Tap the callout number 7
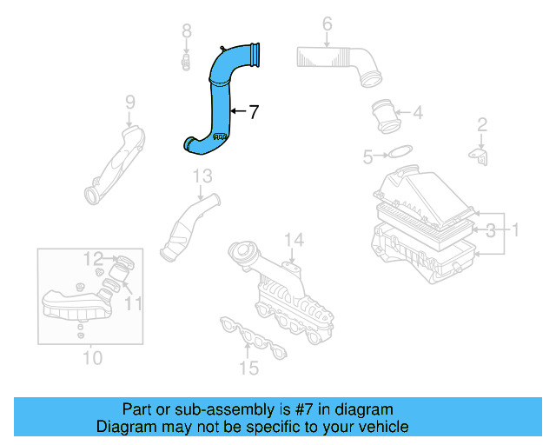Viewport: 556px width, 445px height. pyautogui.click(x=253, y=112)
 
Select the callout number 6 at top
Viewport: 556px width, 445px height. pyautogui.click(x=327, y=23)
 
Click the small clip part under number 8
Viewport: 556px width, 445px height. pyautogui.click(x=186, y=62)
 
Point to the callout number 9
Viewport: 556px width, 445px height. pyautogui.click(x=129, y=103)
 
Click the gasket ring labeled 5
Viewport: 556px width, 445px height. pyautogui.click(x=398, y=153)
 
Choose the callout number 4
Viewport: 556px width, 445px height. pyautogui.click(x=418, y=112)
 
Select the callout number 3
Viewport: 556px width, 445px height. pyautogui.click(x=491, y=230)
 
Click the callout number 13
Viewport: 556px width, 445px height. pyautogui.click(x=202, y=176)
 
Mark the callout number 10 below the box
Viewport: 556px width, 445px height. pyautogui.click(x=92, y=357)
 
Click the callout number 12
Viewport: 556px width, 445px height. pyautogui.click(x=93, y=257)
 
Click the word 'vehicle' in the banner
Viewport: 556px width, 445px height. pyautogui.click(x=383, y=427)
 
